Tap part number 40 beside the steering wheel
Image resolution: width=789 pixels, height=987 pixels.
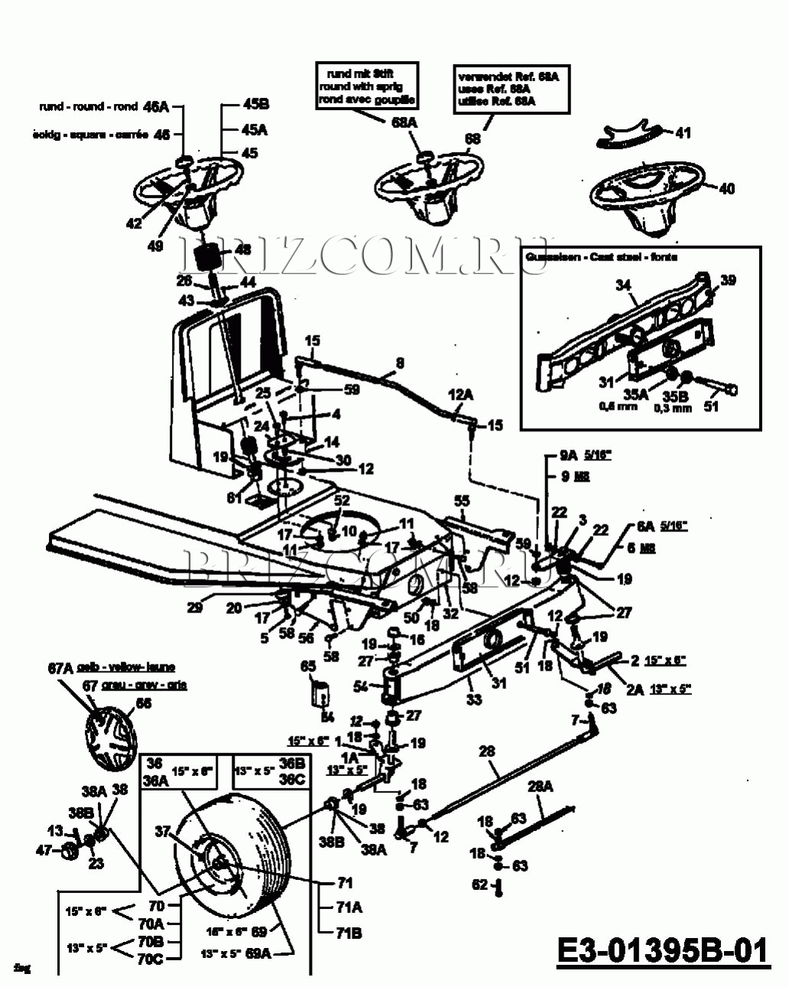point(726,188)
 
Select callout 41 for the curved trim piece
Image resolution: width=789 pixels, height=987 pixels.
point(683,133)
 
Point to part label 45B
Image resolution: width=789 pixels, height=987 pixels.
point(255,105)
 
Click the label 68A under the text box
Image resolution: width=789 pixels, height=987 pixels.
point(404,122)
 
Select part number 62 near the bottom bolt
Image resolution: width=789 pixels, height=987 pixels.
point(479,885)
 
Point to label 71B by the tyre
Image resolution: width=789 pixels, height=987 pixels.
point(349,933)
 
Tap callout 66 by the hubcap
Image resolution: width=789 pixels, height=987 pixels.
point(144,703)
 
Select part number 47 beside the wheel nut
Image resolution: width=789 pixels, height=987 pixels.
point(44,849)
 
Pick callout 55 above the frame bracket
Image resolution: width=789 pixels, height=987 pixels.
point(462,501)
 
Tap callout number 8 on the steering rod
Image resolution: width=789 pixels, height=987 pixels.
point(400,362)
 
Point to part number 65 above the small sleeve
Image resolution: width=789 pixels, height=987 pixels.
point(308,667)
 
